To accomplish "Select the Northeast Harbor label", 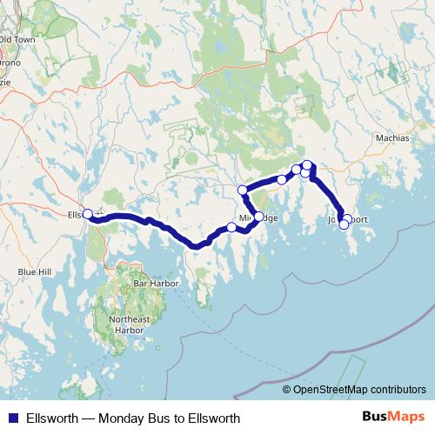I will [x=130, y=325].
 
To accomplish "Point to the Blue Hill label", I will [x=36, y=272].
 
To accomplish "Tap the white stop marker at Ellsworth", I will [x=87, y=213].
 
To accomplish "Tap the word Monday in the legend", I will [x=124, y=418].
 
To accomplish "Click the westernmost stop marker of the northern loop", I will [x=243, y=190].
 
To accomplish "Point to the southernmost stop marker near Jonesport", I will [x=344, y=224].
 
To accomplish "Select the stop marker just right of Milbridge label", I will [x=258, y=217].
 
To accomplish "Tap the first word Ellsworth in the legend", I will [x=52, y=418].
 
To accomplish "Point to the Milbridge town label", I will [x=258, y=218].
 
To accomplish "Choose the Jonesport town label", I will [x=342, y=221].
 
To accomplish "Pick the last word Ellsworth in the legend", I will [x=212, y=418].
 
